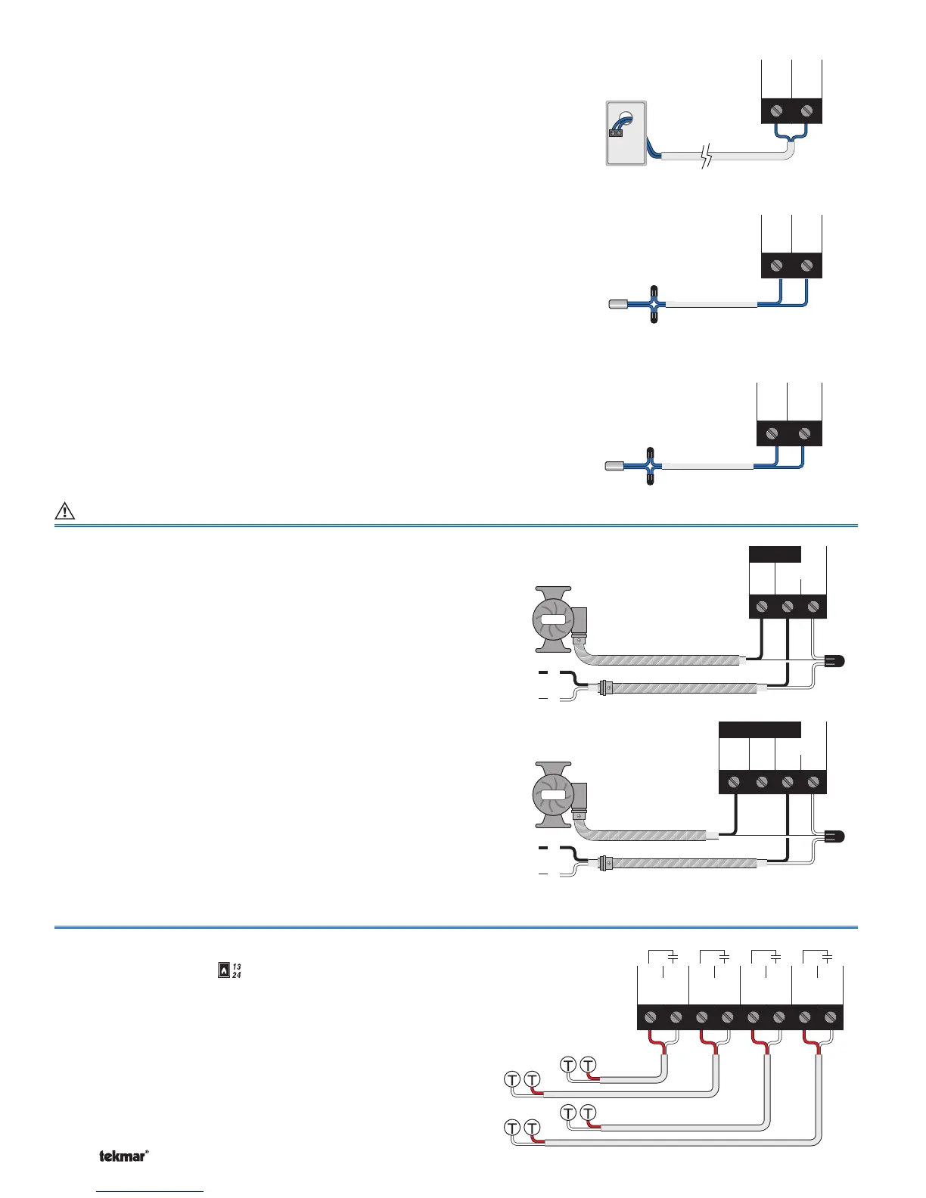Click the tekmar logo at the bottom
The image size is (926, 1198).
tap(123, 1156)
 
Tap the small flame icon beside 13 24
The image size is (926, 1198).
tap(223, 970)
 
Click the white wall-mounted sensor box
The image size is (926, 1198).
tap(626, 133)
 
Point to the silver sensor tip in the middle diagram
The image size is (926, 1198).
tap(618, 305)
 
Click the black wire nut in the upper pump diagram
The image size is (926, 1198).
tap(833, 662)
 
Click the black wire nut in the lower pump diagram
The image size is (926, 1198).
tap(833, 836)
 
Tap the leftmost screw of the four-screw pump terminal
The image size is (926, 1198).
tap(734, 782)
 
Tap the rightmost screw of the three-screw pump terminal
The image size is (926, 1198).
tap(813, 607)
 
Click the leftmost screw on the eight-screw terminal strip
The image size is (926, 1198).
tap(651, 1017)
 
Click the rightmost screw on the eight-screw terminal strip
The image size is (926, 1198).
tap(831, 1017)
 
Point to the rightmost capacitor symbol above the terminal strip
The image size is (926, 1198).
tap(828, 957)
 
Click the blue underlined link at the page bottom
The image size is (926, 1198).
tap(151, 1190)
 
